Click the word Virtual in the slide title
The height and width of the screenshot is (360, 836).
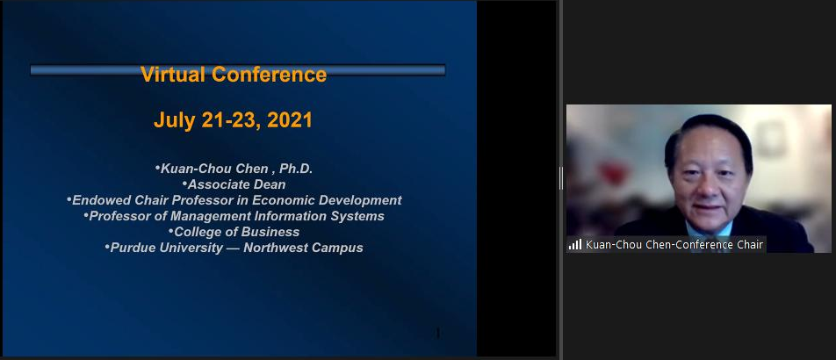(x=173, y=74)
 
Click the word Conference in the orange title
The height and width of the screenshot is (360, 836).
(x=270, y=74)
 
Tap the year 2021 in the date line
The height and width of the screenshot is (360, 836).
(x=290, y=120)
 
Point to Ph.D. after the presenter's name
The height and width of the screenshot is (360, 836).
(x=296, y=169)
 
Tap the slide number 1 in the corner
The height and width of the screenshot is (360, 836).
(x=437, y=334)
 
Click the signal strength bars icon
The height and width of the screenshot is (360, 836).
(x=574, y=245)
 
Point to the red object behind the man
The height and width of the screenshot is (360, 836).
(x=613, y=173)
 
